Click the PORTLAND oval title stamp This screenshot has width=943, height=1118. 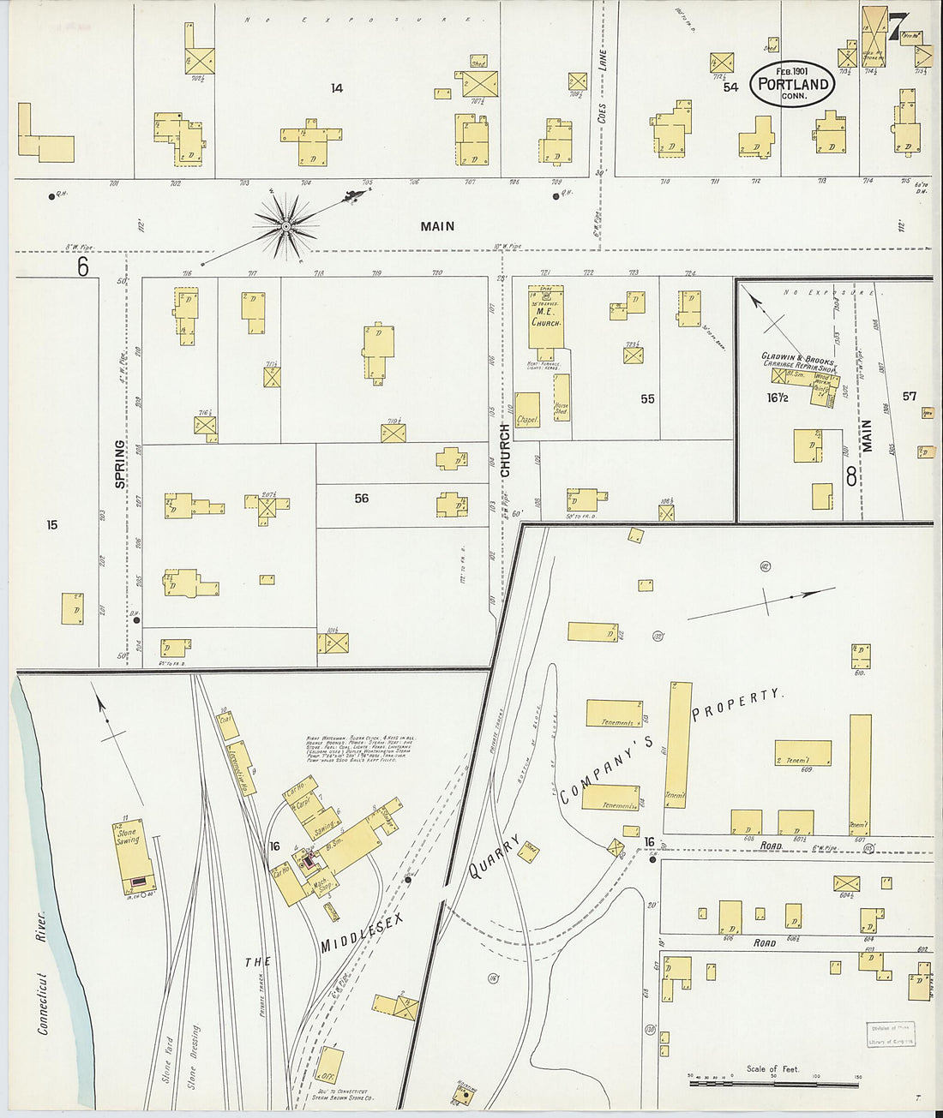pos(793,84)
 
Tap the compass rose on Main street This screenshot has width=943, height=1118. pos(286,226)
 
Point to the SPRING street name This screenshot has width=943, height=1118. pos(119,464)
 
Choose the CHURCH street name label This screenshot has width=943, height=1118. pos(505,450)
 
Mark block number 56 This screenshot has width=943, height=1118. pos(362,498)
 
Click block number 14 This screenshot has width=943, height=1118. pos(337,88)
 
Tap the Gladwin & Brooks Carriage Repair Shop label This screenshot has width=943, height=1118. pos(797,361)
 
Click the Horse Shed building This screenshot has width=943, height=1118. pos(562,396)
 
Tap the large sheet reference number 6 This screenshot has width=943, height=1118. pos(82,267)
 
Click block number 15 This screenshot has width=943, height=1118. pos(52,524)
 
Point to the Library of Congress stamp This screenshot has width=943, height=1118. pos(890,1034)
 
